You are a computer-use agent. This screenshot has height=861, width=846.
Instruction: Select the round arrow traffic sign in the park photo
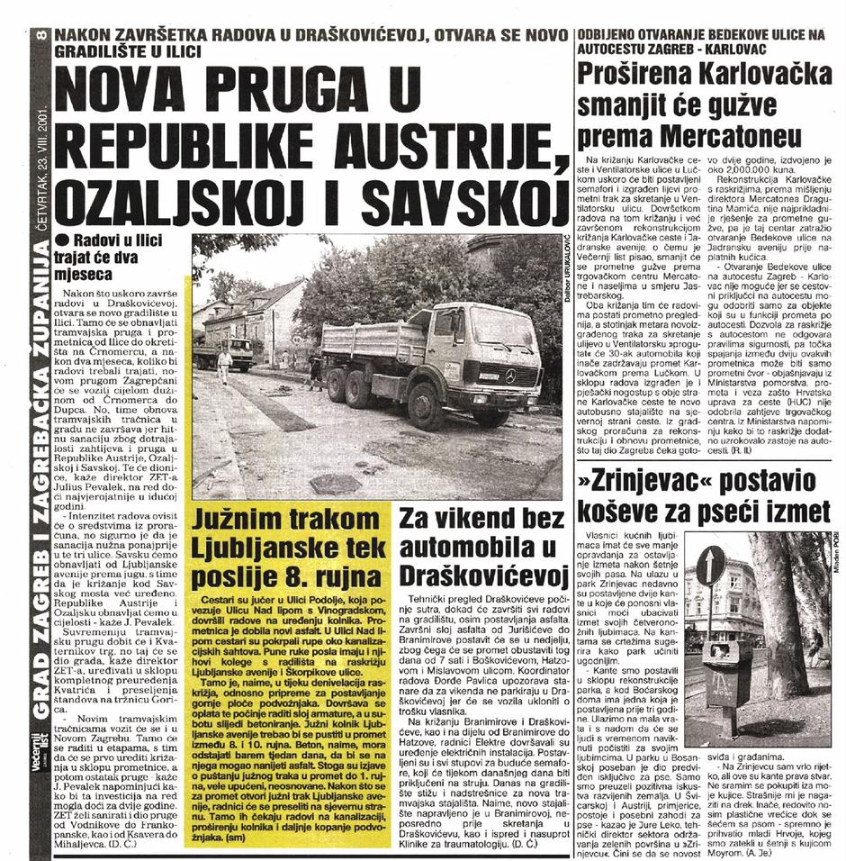[x=710, y=565]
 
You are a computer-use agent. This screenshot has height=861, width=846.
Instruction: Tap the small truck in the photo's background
[x=234, y=352]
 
